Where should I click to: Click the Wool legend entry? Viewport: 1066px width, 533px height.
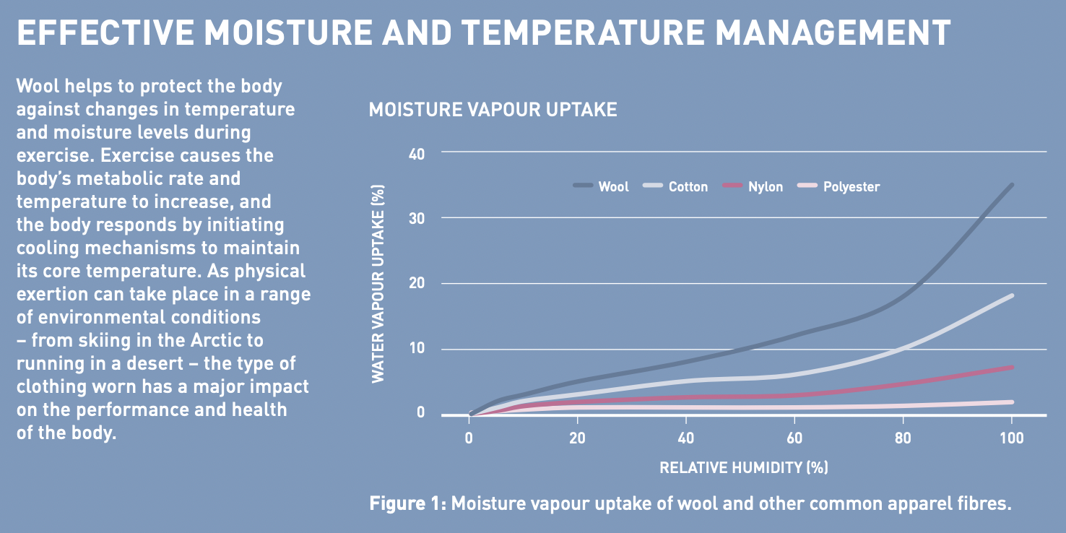pyautogui.click(x=601, y=186)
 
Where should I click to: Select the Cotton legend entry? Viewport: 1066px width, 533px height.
pyautogui.click(x=675, y=186)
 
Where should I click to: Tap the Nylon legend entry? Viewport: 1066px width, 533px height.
pyautogui.click(x=753, y=186)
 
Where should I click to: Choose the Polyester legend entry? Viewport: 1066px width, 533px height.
pyautogui.click(x=838, y=186)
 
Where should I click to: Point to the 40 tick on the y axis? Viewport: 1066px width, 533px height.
pyautogui.click(x=417, y=154)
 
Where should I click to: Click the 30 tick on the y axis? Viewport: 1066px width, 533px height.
pyautogui.click(x=417, y=218)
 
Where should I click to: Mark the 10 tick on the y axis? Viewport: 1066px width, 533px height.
pyautogui.click(x=417, y=348)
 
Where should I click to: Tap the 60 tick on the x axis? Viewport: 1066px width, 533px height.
pyautogui.click(x=794, y=438)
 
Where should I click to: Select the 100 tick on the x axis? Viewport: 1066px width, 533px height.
pyautogui.click(x=1011, y=438)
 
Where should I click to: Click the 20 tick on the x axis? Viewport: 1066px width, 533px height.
pyautogui.click(x=577, y=438)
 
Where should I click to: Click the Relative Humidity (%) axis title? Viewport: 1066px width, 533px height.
pyautogui.click(x=744, y=467)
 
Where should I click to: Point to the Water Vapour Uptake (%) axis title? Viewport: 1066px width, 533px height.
pyautogui.click(x=378, y=284)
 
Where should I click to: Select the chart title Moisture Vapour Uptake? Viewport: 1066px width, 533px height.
pyautogui.click(x=493, y=110)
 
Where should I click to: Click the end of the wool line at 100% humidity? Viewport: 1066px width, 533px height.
pyautogui.click(x=1012, y=185)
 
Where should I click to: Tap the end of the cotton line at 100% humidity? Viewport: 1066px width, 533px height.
pyautogui.click(x=1012, y=295)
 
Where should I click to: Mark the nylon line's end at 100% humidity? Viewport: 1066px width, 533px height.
pyautogui.click(x=1012, y=368)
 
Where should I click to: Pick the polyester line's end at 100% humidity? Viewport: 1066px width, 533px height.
pyautogui.click(x=1012, y=402)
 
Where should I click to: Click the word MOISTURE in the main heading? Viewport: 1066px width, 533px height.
pyautogui.click(x=288, y=32)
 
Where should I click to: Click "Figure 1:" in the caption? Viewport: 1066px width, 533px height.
pyautogui.click(x=408, y=503)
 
